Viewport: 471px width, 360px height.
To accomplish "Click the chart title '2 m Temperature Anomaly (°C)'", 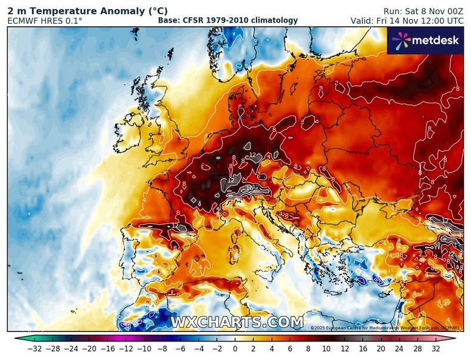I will pos(87,11).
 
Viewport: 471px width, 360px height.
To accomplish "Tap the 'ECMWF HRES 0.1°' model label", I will pos(45,21).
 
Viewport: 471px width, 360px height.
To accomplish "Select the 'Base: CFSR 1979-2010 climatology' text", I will pos(228,21).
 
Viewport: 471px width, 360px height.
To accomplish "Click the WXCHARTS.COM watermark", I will pos(237,322).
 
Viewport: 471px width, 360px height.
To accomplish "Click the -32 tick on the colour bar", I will pos(34,349).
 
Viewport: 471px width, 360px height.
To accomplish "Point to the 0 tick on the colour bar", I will pos(235,349).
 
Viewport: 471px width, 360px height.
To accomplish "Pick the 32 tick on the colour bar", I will pos(436,349).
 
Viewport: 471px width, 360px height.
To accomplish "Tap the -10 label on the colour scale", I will pos(144,349).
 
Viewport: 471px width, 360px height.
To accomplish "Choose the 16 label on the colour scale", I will pos(362,349).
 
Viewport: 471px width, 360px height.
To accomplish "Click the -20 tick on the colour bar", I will pos(89,349).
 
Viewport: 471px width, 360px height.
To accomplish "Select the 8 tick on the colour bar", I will pos(308,349).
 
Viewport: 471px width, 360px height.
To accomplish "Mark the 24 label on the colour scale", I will pos(399,349).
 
